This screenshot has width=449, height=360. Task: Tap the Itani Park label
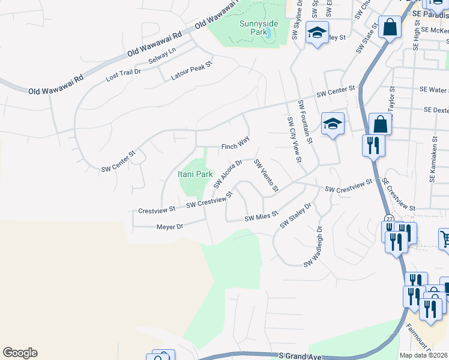pyautogui.click(x=195, y=174)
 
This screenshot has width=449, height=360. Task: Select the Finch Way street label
pyautogui.click(x=235, y=146)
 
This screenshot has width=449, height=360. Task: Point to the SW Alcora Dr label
pyautogui.click(x=228, y=173)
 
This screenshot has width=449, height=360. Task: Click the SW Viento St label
pyautogui.click(x=266, y=176)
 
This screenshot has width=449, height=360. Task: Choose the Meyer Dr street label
pyautogui.click(x=169, y=227)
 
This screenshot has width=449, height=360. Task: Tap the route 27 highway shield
pyautogui.click(x=390, y=220)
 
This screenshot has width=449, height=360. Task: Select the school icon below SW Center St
pyautogui.click(x=333, y=124)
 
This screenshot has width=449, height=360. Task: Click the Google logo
pyautogui.click(x=20, y=353)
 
